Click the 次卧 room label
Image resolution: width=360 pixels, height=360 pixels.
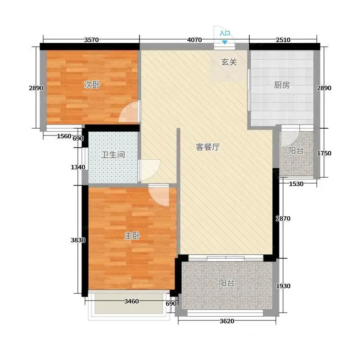click(x=92, y=85)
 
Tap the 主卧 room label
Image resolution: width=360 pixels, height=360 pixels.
click(x=132, y=236)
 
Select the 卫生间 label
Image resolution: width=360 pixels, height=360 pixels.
click(x=113, y=155)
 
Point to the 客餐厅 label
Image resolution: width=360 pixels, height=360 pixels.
click(x=208, y=147)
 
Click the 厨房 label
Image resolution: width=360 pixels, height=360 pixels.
click(x=282, y=85)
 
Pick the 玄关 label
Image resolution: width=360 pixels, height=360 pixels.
click(x=229, y=62)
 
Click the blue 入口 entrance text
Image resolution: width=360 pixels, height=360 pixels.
click(x=225, y=33)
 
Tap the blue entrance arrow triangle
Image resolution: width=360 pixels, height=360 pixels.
click(x=225, y=42)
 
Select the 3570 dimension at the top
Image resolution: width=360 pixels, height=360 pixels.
click(x=91, y=40)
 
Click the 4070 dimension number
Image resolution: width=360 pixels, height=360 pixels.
click(x=194, y=40)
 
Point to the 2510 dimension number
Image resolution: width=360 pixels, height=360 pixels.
click(x=283, y=40)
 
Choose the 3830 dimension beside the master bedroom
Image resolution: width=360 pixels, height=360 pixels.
click(x=78, y=240)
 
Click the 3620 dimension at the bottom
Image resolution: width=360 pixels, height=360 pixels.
click(x=227, y=321)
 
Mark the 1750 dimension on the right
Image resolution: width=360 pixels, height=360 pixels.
click(x=324, y=153)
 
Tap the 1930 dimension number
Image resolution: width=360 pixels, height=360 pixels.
click(x=283, y=286)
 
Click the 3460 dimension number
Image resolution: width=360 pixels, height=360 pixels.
click(x=131, y=301)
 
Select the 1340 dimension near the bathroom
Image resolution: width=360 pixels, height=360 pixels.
click(x=78, y=167)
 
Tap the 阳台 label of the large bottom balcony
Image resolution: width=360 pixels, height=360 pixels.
click(x=227, y=283)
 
